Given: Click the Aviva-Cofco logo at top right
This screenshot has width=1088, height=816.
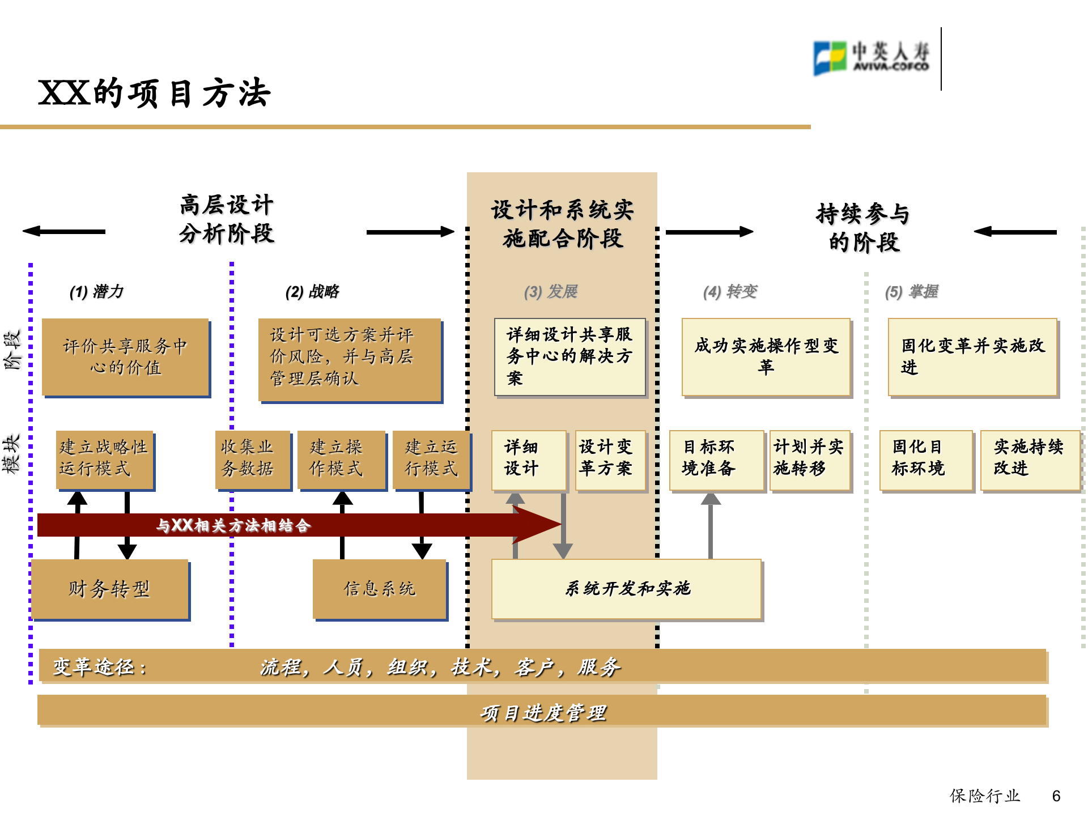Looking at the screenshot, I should [871, 58].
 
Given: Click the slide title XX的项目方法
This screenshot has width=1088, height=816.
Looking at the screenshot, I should [154, 93].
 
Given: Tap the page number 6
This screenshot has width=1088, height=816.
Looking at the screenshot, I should [1056, 796].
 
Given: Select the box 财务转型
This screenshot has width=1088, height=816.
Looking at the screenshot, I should [110, 589].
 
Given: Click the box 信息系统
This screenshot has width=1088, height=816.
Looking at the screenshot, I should [380, 589].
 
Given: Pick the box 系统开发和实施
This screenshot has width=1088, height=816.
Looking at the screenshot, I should [626, 589].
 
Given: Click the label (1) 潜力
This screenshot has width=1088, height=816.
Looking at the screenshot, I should [96, 292].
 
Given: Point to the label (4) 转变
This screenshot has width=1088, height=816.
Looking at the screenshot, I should [730, 292].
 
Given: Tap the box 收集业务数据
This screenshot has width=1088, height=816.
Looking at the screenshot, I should [253, 459].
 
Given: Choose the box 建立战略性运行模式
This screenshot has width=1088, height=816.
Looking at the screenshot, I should [104, 459].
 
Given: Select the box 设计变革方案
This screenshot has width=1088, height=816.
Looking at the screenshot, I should [610, 459].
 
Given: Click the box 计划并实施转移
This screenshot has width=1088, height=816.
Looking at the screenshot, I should [809, 459].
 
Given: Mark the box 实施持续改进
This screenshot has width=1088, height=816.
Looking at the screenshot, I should [1029, 459].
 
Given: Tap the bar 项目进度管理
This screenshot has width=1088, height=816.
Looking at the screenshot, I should [542, 712].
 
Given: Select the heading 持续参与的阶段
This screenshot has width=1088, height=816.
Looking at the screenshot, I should [863, 228].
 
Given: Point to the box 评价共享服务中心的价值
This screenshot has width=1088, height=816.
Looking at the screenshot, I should [125, 357].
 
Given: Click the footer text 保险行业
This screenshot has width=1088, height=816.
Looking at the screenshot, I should [984, 796].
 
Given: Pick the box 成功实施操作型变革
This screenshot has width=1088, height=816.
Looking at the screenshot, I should [766, 356].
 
